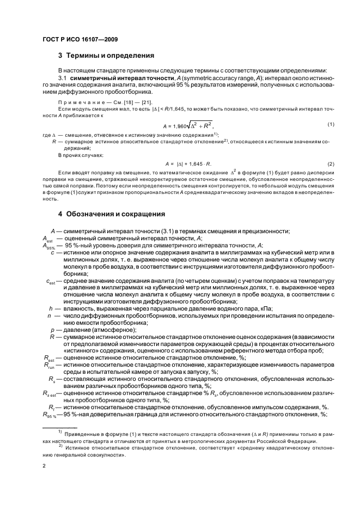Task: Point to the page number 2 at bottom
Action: (x=43, y=466)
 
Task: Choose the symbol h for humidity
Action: (x=51, y=308)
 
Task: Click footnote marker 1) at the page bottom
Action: (x=60, y=430)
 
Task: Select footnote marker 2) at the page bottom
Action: (x=60, y=445)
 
